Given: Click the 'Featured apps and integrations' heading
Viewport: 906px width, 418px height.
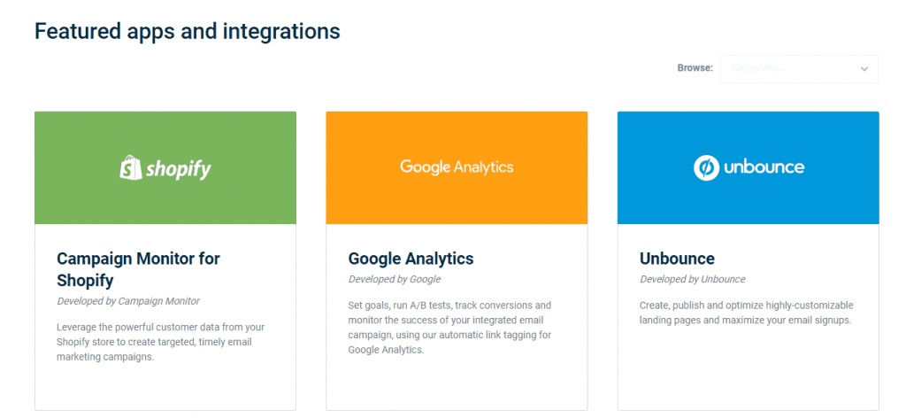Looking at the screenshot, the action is (188, 31).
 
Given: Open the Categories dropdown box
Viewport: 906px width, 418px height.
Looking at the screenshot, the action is (799, 69).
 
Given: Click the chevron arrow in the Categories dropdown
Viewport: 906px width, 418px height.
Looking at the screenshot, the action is (864, 69).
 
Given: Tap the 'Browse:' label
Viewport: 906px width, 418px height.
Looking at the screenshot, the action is (695, 68).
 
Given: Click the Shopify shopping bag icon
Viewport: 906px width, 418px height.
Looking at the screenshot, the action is (130, 167).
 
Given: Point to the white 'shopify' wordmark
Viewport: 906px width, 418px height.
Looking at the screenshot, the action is (179, 169).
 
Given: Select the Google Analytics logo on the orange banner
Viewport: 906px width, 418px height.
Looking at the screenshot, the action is (457, 167).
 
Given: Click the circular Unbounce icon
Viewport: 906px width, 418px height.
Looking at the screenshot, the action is (706, 167).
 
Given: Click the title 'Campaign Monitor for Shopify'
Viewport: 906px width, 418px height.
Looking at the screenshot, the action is (138, 269).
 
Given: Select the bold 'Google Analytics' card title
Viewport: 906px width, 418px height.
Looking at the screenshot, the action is (411, 259).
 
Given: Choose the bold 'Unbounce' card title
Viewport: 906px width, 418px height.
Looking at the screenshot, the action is (677, 258).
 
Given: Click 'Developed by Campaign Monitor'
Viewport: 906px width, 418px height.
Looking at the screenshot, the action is (128, 301).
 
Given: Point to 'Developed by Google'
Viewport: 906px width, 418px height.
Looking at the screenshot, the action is (394, 279).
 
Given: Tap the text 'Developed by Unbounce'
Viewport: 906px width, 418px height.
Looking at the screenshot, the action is (692, 279).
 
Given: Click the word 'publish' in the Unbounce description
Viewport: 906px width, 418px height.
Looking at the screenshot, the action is (687, 306).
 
